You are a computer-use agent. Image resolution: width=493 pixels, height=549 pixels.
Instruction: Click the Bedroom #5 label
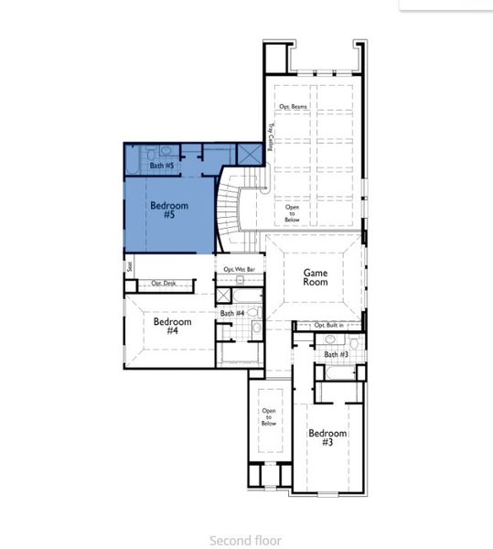coord(169,210)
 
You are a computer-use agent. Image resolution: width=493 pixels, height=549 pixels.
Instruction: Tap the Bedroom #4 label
coord(172,326)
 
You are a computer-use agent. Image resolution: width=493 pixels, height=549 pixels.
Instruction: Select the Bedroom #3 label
coord(327,437)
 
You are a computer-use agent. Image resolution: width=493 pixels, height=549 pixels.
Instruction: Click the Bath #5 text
coord(162,166)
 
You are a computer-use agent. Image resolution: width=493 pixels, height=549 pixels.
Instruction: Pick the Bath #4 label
coord(231,314)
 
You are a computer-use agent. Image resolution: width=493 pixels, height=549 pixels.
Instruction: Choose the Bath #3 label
coord(336,354)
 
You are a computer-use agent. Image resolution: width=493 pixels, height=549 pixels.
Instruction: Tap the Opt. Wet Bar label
coord(239,270)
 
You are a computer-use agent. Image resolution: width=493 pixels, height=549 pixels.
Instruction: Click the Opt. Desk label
coord(164,284)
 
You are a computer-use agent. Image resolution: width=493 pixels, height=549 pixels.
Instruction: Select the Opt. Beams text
coord(293,107)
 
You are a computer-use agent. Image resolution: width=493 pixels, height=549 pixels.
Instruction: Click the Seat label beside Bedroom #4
coord(131,267)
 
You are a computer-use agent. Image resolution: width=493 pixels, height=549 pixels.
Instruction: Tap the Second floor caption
coord(245,541)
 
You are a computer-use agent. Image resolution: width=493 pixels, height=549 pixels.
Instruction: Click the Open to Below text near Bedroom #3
coord(269,417)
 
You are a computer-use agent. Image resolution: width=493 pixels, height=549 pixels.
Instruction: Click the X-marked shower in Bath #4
coord(223,296)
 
